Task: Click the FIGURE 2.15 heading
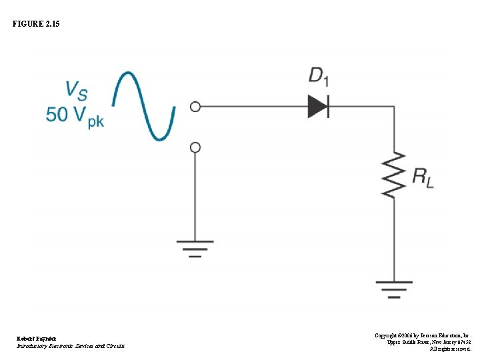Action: (x=35, y=24)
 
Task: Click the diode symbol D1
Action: (x=318, y=106)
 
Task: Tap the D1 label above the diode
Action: (x=318, y=76)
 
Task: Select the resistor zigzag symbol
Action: (x=394, y=174)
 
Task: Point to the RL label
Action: (x=423, y=177)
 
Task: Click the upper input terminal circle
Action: (x=195, y=106)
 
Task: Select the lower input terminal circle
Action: (x=195, y=147)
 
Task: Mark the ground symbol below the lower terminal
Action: (x=195, y=249)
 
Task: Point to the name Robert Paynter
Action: (x=37, y=339)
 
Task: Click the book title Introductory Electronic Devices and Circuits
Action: (x=70, y=346)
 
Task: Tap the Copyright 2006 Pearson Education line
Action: (x=423, y=335)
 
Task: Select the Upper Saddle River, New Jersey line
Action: (x=429, y=342)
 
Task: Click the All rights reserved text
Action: (x=450, y=349)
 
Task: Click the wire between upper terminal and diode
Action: (x=253, y=106)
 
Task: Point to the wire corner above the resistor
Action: (x=394, y=106)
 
